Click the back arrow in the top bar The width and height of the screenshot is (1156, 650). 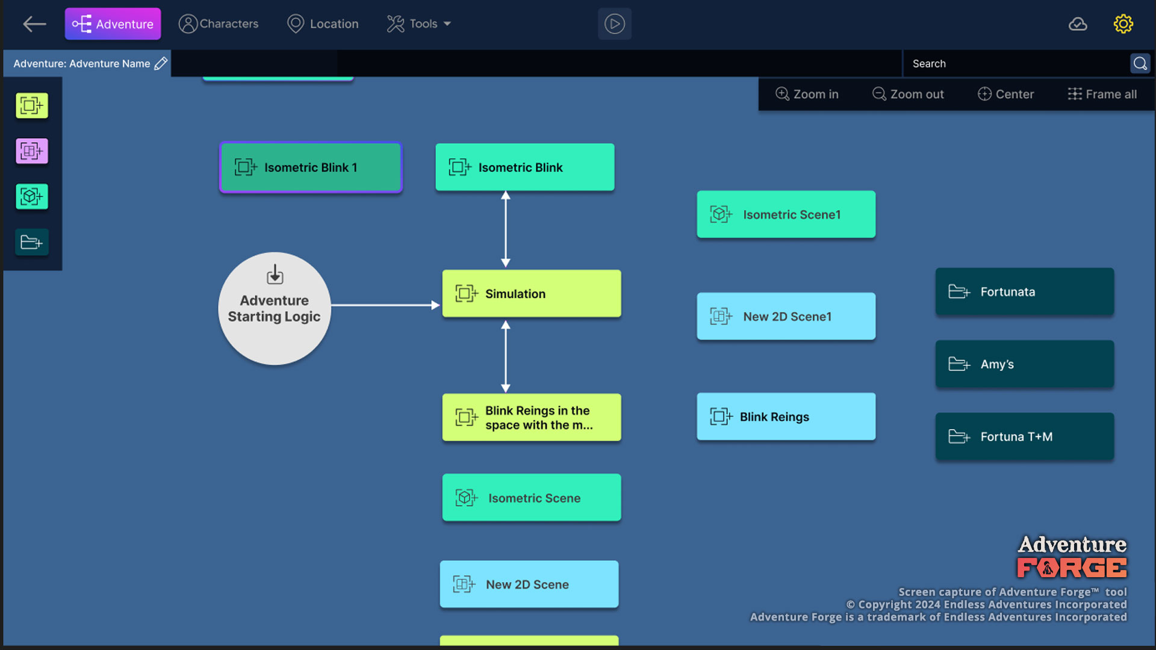click(x=34, y=24)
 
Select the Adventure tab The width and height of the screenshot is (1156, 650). click(x=113, y=24)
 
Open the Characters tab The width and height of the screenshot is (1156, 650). click(x=219, y=24)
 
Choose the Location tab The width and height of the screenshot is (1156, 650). click(x=323, y=24)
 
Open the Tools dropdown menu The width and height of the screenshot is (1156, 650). click(x=419, y=24)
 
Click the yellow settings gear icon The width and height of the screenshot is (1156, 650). click(x=1123, y=24)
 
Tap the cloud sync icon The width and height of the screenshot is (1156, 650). click(x=1078, y=24)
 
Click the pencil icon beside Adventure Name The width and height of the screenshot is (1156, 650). click(x=161, y=63)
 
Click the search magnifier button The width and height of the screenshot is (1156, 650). click(x=1140, y=63)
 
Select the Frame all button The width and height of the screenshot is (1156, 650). click(x=1102, y=94)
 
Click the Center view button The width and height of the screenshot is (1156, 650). click(x=1005, y=94)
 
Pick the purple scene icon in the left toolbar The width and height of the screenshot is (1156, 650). click(x=32, y=151)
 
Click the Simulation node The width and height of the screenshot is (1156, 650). click(x=532, y=294)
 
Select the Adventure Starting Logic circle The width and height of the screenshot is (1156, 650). click(x=275, y=308)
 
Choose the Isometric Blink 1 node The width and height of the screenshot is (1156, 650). click(x=311, y=167)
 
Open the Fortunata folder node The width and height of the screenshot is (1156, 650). click(x=1025, y=292)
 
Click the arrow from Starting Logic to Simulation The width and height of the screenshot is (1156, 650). click(x=385, y=305)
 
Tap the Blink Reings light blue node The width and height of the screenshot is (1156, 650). click(x=786, y=416)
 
